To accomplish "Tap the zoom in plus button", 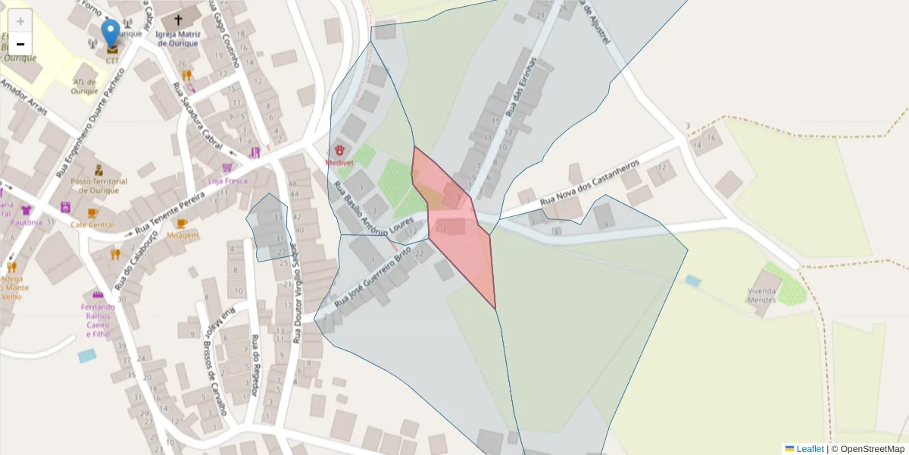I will click(x=20, y=21).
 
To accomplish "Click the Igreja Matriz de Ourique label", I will click(x=178, y=39).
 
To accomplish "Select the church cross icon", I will click(x=179, y=20).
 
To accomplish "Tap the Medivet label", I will click(x=339, y=162).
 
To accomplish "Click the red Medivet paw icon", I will click(x=339, y=150).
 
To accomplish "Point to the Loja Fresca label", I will click(x=227, y=181).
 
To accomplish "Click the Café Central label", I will click(x=92, y=224).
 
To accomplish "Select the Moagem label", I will click(x=182, y=235).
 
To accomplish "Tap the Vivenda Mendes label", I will click(x=764, y=295).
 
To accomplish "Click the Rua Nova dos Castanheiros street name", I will click(x=591, y=183).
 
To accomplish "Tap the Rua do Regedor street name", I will click(x=255, y=365).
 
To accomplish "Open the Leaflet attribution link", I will click(x=810, y=449).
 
